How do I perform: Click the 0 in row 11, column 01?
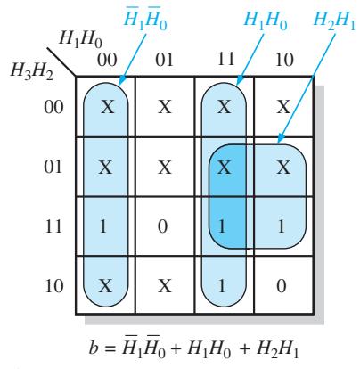click(x=162, y=226)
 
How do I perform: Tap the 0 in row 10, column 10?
click(x=282, y=286)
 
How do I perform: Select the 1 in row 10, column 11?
click(x=222, y=286)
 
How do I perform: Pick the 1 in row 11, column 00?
click(x=102, y=226)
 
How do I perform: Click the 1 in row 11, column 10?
click(x=281, y=226)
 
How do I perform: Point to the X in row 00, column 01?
click(x=164, y=107)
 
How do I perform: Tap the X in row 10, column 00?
click(x=105, y=286)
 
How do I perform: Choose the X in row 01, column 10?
click(x=283, y=168)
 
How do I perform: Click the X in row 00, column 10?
click(x=283, y=107)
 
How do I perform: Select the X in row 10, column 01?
click(x=164, y=286)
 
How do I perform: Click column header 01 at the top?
click(x=165, y=60)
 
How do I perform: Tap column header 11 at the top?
click(x=225, y=59)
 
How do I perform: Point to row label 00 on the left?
click(x=53, y=107)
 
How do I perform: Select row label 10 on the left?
click(x=54, y=286)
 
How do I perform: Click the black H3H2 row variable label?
click(x=32, y=71)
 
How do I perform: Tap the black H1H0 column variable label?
click(x=80, y=39)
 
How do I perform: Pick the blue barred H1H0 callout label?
click(x=145, y=20)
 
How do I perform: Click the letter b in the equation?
click(x=94, y=348)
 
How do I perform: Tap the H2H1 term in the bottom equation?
click(x=277, y=349)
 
